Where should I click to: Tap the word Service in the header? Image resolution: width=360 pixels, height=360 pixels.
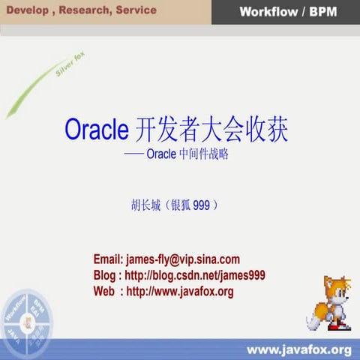pos(136,10)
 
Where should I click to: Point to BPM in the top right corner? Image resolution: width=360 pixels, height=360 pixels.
pos(320,12)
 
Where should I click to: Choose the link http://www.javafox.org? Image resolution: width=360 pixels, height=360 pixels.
pos(180,291)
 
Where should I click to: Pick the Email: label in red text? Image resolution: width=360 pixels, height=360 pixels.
pos(109,259)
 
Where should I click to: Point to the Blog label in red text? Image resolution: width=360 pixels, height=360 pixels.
pos(104,275)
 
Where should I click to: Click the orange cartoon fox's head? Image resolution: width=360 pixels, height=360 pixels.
pos(334,288)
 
